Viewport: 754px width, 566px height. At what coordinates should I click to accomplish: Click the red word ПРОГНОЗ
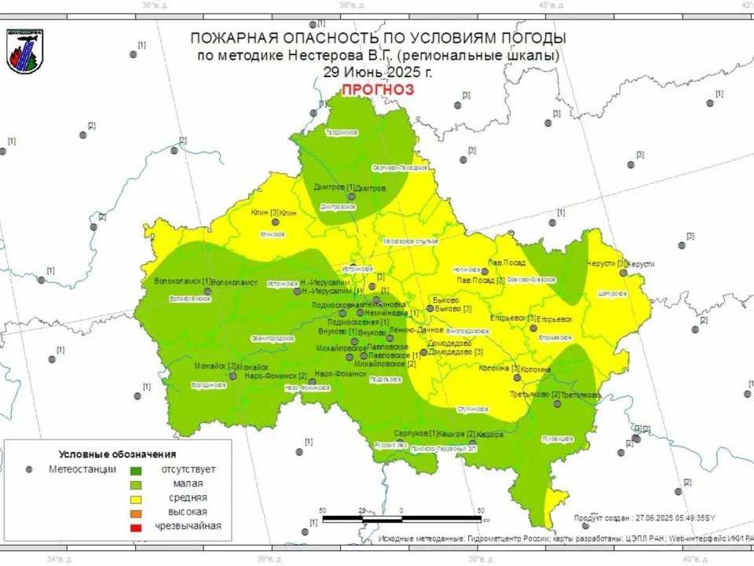coord(377,89)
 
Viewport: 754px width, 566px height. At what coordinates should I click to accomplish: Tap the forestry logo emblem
coord(25,51)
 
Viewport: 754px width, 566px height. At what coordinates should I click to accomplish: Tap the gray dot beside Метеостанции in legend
coord(29,469)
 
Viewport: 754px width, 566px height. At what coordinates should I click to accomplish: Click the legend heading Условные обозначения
coord(117,454)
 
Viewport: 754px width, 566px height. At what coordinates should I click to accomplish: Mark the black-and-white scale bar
coord(401,519)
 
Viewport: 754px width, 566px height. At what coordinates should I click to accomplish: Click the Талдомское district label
coord(342,133)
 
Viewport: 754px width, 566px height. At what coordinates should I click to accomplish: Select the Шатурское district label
coord(613,293)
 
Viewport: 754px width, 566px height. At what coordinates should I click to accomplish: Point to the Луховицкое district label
coord(558,439)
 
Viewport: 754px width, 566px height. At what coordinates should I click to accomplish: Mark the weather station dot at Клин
coord(276,222)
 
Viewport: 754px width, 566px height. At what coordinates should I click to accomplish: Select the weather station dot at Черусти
coord(623,273)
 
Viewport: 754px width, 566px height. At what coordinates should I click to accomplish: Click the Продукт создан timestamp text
coord(644,517)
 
